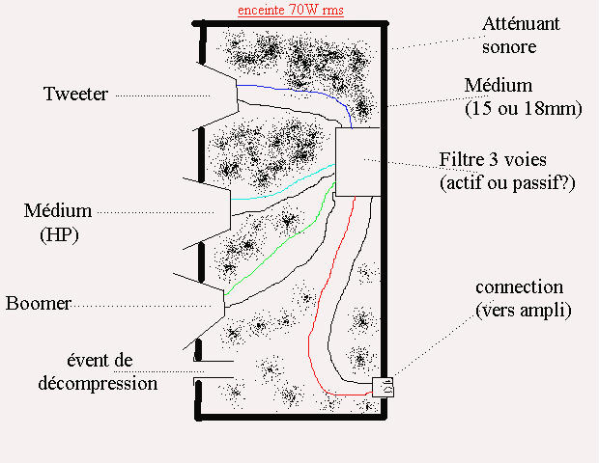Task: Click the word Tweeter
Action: point(75,94)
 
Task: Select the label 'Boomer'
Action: point(39,304)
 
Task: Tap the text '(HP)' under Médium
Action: point(59,233)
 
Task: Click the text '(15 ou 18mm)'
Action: point(525,108)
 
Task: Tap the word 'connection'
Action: point(519,287)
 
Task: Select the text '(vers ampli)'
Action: point(524,310)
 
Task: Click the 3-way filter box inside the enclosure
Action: point(358,161)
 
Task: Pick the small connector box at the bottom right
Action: point(384,388)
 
